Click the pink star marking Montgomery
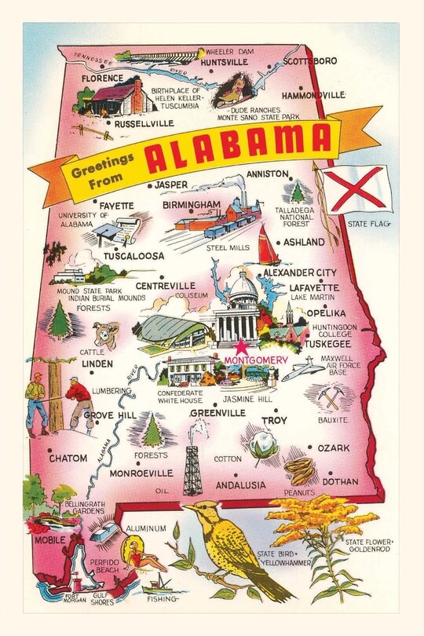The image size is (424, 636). pyautogui.click(x=241, y=346)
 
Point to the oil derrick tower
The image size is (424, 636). pyautogui.click(x=192, y=468)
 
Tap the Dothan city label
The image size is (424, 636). pyautogui.click(x=339, y=481)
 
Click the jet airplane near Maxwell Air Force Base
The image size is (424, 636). pyautogui.click(x=302, y=370)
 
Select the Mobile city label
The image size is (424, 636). pyautogui.click(x=49, y=540)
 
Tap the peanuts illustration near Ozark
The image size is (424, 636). pyautogui.click(x=299, y=470)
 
